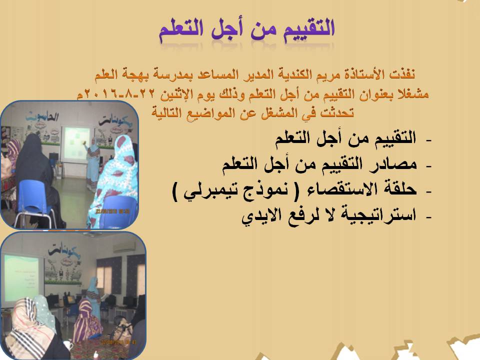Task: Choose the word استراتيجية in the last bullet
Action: [379, 215]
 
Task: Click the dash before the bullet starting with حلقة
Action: [428, 191]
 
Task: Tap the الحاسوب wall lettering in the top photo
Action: [42, 116]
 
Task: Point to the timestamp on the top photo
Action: [112, 211]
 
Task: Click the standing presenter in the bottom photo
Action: [93, 298]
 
